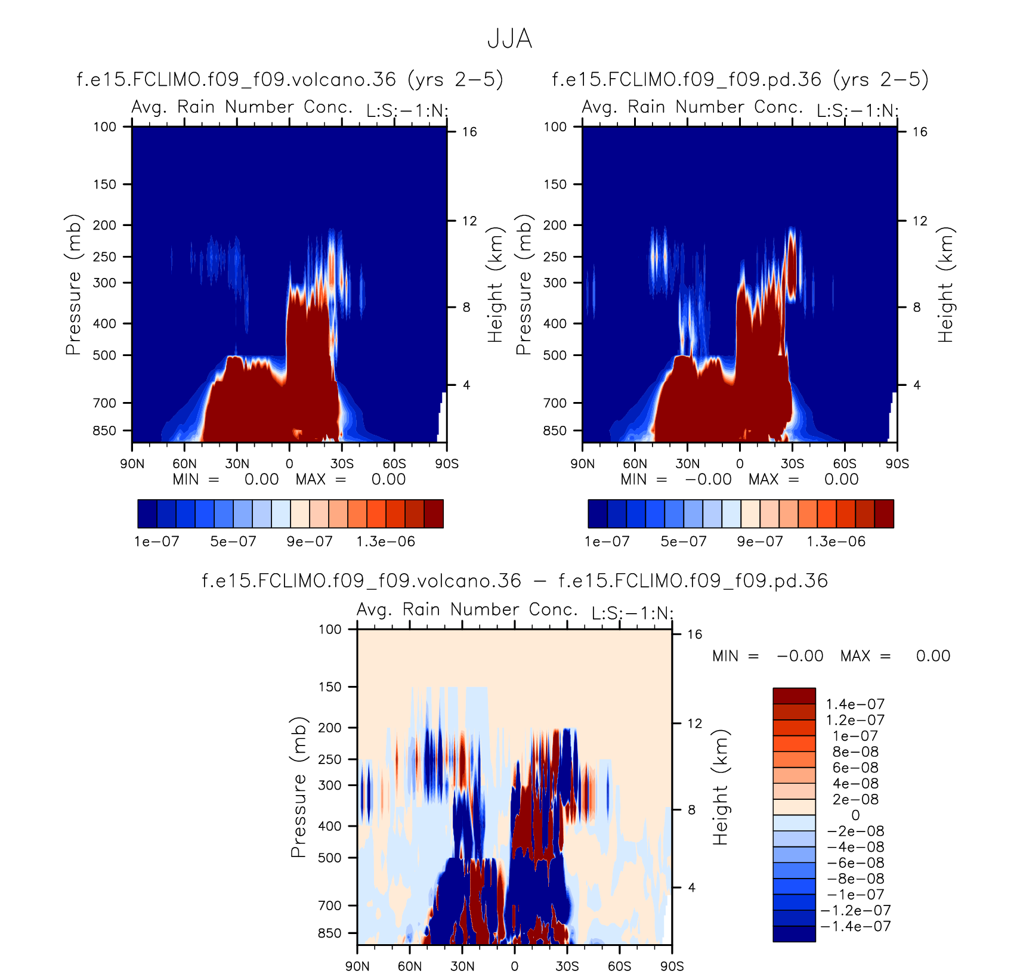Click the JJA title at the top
tap(509, 39)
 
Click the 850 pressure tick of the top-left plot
tap(105, 431)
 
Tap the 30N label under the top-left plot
tap(237, 464)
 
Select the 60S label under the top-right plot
tap(845, 464)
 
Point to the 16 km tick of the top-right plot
tap(920, 132)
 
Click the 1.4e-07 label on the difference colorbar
tap(855, 704)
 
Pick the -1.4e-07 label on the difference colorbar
tap(855, 926)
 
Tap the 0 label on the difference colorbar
tap(855, 815)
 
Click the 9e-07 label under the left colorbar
tap(310, 542)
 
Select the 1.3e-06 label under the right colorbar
tap(836, 542)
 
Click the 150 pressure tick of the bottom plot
tap(330, 687)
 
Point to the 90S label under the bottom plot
tap(672, 966)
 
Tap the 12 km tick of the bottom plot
tap(694, 723)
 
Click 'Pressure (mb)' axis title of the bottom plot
tap(298, 787)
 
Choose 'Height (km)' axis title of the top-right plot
tap(945, 285)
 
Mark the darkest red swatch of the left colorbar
tap(434, 514)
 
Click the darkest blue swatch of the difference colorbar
tap(794, 933)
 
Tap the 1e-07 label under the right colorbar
tap(607, 542)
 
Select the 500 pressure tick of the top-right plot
tap(555, 355)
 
